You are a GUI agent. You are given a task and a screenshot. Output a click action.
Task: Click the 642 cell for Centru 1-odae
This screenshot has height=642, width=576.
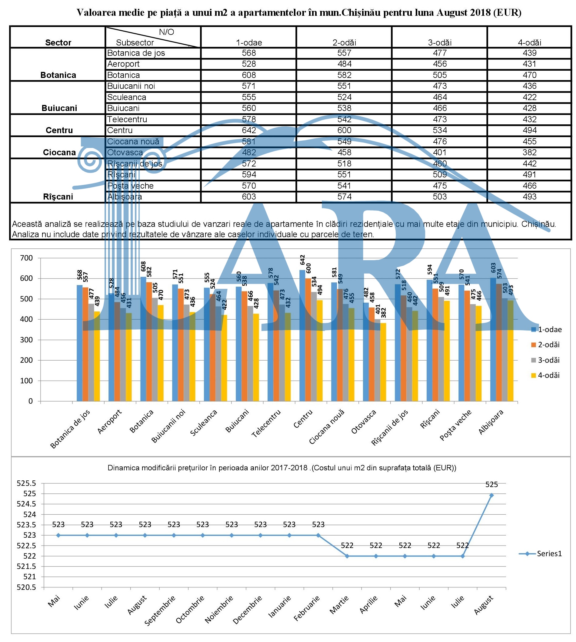click(249, 130)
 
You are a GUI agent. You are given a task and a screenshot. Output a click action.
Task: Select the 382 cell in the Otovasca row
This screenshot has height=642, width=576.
click(529, 152)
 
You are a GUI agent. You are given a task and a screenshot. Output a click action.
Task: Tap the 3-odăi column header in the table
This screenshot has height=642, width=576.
click(440, 42)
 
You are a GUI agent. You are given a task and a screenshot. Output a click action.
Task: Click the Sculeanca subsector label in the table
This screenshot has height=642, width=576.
click(127, 97)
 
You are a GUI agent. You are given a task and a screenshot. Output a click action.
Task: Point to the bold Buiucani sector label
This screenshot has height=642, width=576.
click(59, 108)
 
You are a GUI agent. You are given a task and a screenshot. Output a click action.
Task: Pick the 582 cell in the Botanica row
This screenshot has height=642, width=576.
click(344, 75)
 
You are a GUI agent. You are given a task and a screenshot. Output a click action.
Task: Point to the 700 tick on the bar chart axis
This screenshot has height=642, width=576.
click(27, 258)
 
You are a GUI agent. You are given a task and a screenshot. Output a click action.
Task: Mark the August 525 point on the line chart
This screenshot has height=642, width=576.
click(491, 495)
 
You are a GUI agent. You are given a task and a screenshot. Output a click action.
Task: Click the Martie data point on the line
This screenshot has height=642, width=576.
click(347, 556)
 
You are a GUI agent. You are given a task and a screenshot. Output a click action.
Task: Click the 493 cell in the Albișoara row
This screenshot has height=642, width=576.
click(529, 197)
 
